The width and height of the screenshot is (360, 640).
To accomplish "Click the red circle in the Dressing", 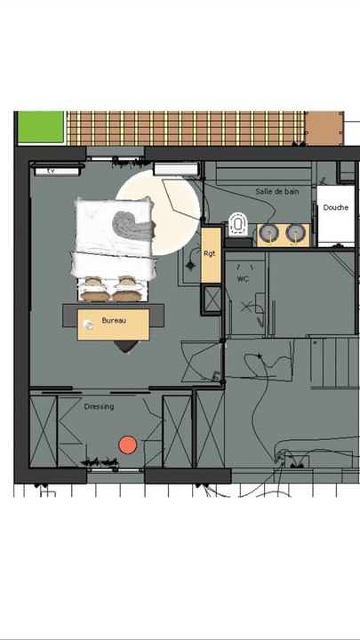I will tap(128, 444).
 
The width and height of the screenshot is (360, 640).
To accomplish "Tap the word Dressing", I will tap(99, 407).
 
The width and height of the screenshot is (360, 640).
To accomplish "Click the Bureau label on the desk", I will tap(113, 319).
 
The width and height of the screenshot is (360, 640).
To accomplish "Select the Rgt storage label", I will tap(210, 253).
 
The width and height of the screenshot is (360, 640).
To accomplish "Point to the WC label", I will tap(242, 279).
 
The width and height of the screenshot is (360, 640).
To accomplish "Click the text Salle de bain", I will tap(277, 191).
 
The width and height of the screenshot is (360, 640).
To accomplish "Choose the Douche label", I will tap(335, 207).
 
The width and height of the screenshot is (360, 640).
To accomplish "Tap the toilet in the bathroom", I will tap(237, 224).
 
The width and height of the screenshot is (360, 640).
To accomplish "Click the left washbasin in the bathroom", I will tap(268, 233).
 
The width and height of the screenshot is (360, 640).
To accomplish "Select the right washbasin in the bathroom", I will tap(293, 233).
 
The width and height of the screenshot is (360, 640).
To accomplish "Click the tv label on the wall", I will tap(52, 169).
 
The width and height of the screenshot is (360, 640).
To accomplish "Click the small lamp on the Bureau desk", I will tap(89, 326).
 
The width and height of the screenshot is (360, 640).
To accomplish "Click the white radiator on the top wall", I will tap(176, 167).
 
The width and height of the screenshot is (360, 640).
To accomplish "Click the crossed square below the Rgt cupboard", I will tap(213, 300).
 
